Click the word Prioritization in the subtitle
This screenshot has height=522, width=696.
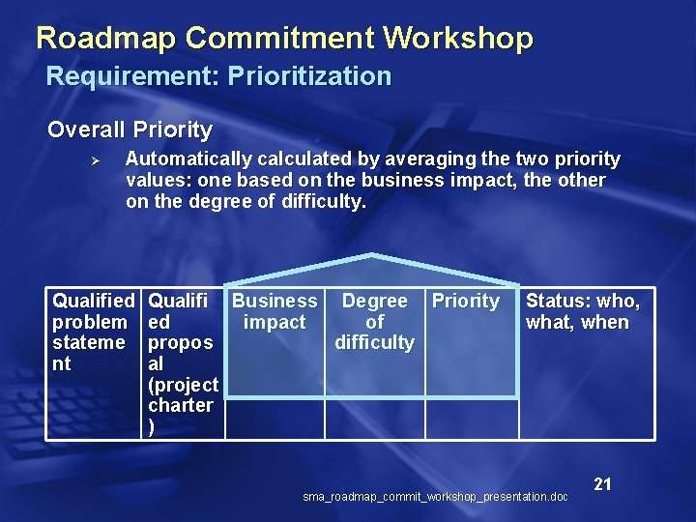pos(309,76)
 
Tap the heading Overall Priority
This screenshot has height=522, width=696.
pos(130,130)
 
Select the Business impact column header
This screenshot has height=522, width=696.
pos(275,311)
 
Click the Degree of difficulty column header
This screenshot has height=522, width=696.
pos(374,322)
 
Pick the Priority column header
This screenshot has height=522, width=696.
pos(465,302)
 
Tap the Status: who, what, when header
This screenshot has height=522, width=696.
pos(582,311)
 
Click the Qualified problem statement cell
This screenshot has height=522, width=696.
pos(94,333)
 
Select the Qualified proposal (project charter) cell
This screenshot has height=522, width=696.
pos(183,363)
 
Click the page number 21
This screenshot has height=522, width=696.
pos(602,484)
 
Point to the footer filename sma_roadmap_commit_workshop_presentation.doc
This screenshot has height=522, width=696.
pos(435,497)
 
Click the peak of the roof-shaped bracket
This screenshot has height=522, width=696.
pos(372,255)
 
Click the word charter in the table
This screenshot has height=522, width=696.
pos(181,405)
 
